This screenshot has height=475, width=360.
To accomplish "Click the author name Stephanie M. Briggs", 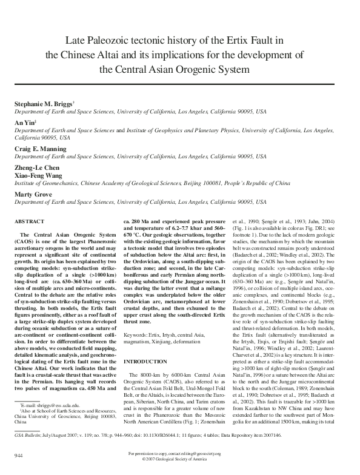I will (x=42, y=104).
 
